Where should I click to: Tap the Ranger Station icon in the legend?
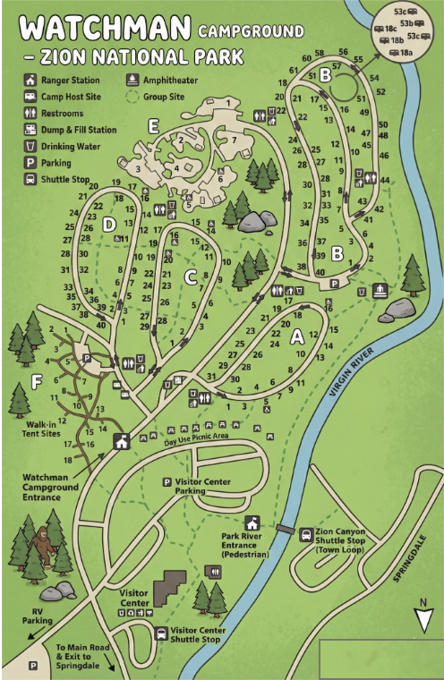[30, 79]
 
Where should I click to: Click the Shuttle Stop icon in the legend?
[30, 178]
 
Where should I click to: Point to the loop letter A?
[298, 337]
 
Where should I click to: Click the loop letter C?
[190, 277]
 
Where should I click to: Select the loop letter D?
[109, 225]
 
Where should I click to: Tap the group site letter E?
[153, 127]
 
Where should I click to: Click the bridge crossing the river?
[285, 531]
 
